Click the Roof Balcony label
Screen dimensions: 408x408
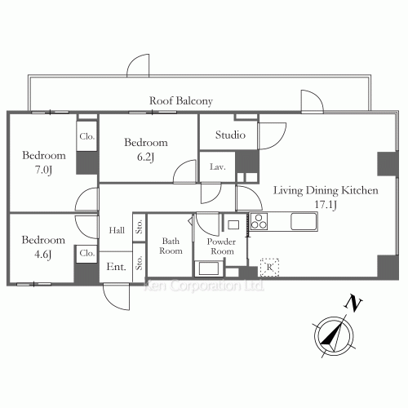coord(181,101)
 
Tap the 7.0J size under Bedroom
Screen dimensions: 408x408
coord(43,170)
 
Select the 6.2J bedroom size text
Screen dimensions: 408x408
coord(146,157)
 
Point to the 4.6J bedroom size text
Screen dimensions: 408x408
coord(43,255)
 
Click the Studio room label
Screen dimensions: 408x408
coord(230,135)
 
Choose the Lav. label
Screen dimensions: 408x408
coord(218,166)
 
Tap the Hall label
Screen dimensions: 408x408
coord(117,230)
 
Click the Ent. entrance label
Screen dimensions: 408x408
coord(117,267)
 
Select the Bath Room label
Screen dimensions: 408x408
coord(171,246)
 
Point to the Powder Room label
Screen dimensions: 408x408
coord(221,246)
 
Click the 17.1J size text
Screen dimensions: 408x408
coord(326,205)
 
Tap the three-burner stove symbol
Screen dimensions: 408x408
coord(259,221)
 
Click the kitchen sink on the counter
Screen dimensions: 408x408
coord(304,221)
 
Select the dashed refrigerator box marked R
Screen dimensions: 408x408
coord(269,267)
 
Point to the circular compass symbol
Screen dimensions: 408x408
coord(334,336)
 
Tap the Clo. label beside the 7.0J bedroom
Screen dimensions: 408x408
coord(87,136)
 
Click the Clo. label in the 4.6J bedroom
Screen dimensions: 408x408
coord(87,253)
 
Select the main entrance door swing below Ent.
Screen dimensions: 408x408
coord(117,296)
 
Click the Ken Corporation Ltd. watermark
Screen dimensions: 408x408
coord(204,286)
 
